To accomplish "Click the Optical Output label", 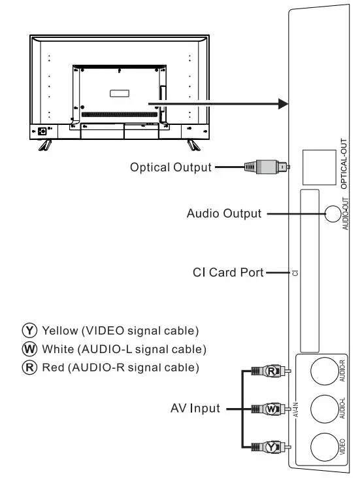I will [171, 167].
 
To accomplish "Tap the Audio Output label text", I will [223, 213].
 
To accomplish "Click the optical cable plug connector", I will [265, 167].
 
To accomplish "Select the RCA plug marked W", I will [270, 409].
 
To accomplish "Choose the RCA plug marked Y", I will [270, 447].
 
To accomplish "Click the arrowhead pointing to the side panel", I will [283, 103].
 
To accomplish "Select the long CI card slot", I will [308, 272].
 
